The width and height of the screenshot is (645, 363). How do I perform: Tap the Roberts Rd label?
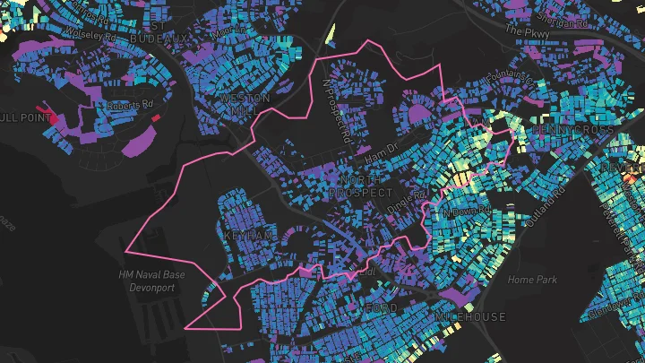pyautogui.click(x=129, y=104)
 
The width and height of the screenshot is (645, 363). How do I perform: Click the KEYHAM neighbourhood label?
pyautogui.click(x=247, y=233)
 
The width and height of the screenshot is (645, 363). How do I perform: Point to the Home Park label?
pyautogui.click(x=532, y=280)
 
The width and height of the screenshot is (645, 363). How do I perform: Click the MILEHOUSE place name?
pyautogui.click(x=470, y=316)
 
